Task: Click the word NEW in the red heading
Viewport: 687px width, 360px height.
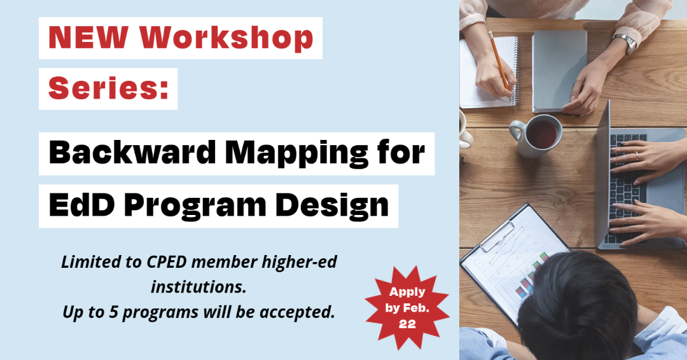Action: point(88,38)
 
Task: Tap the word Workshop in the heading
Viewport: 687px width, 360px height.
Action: point(226,38)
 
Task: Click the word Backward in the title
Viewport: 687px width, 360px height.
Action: point(132,153)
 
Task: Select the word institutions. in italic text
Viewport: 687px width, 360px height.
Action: point(199,287)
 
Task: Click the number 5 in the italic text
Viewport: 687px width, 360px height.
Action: point(113,312)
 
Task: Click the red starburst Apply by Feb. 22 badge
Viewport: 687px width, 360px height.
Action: point(407,308)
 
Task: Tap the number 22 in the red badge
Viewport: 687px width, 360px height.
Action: point(407,324)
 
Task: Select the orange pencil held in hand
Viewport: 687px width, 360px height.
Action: point(499,62)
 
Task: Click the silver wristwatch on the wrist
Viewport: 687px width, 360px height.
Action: point(626,43)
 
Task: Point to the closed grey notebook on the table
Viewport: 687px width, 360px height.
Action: point(559,71)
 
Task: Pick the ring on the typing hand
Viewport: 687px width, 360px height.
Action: point(637,157)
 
